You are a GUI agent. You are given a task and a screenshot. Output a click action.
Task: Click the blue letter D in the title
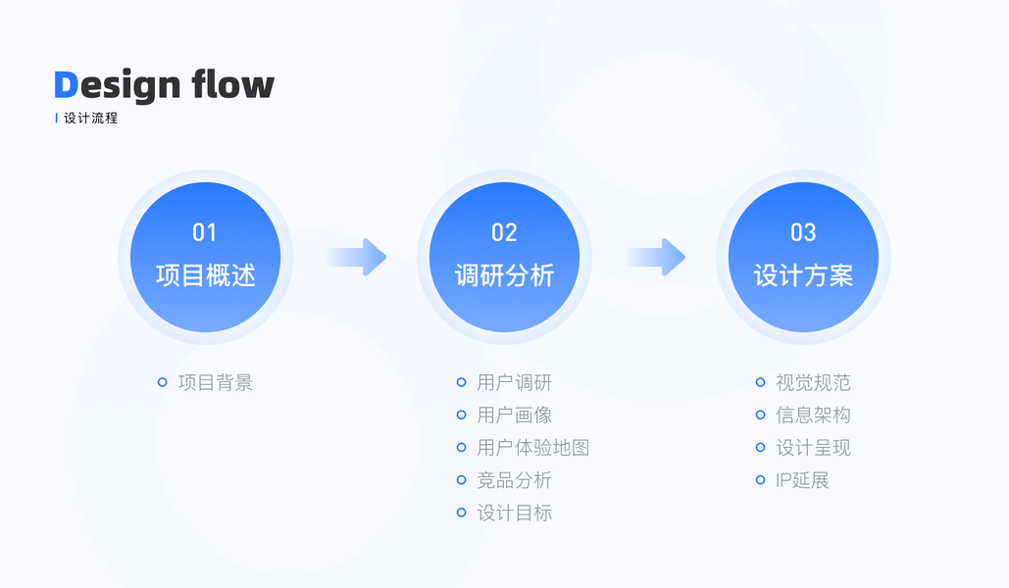pyautogui.click(x=66, y=85)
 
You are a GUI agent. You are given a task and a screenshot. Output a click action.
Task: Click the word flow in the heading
pyautogui.click(x=232, y=84)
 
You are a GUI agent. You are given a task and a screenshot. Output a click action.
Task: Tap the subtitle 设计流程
pyautogui.click(x=90, y=119)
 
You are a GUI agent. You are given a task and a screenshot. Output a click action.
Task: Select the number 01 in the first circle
pyautogui.click(x=204, y=232)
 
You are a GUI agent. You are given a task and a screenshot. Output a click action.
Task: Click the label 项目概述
pyautogui.click(x=205, y=275)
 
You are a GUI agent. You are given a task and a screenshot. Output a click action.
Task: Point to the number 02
pyautogui.click(x=504, y=232)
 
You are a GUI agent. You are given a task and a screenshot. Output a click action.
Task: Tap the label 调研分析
pyautogui.click(x=504, y=275)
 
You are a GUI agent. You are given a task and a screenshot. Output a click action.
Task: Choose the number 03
pyautogui.click(x=803, y=232)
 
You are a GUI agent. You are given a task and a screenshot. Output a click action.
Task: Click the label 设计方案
pyautogui.click(x=803, y=275)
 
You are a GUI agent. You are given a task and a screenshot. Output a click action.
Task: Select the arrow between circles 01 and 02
pyautogui.click(x=358, y=257)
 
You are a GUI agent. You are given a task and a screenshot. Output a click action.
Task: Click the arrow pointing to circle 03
pyautogui.click(x=657, y=257)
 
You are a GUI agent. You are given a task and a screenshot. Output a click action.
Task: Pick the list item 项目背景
pyautogui.click(x=216, y=382)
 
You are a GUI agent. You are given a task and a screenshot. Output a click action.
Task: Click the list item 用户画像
pyautogui.click(x=515, y=416)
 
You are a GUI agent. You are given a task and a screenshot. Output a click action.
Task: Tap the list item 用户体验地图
pyautogui.click(x=533, y=448)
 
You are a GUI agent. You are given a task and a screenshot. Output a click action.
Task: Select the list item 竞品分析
pyautogui.click(x=515, y=480)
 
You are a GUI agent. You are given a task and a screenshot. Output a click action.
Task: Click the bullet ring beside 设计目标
pyautogui.click(x=461, y=513)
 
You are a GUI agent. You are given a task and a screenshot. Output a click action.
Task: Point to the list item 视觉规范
pyautogui.click(x=813, y=382)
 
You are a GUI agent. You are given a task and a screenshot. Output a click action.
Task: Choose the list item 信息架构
pyautogui.click(x=813, y=416)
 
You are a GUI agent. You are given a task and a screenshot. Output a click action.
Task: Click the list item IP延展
pyautogui.click(x=803, y=480)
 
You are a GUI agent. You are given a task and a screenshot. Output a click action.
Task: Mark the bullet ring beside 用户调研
pyautogui.click(x=461, y=382)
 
